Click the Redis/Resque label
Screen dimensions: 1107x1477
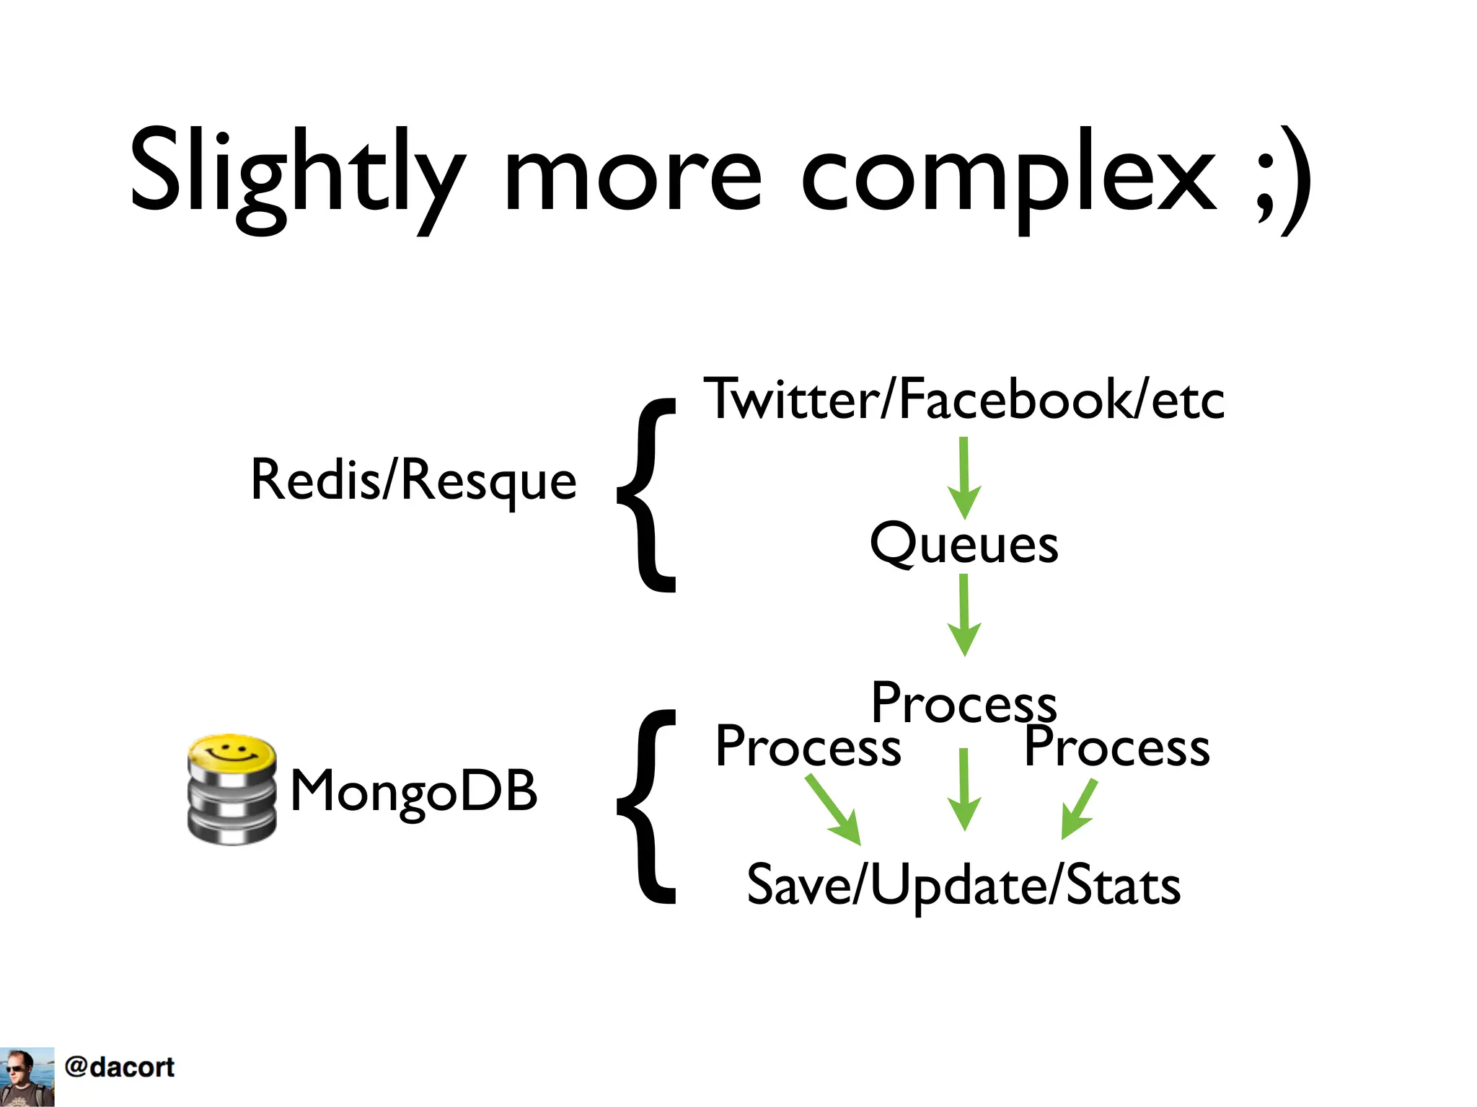coord(413,481)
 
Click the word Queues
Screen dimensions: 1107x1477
coord(964,544)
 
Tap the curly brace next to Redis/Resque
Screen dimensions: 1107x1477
coord(648,495)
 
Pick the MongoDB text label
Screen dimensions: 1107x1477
coord(413,791)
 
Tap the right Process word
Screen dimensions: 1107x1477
coord(1116,747)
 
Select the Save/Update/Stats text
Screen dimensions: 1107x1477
coord(964,885)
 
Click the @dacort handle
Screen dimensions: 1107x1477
coord(120,1067)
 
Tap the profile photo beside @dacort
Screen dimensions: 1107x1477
coord(27,1076)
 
